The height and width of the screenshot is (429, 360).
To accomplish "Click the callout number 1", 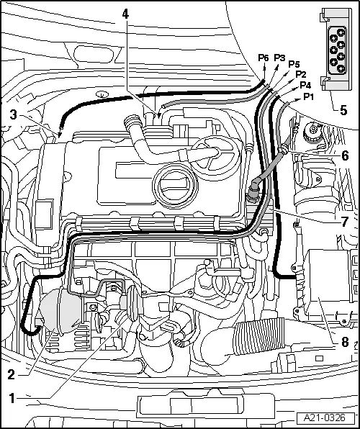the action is click(x=12, y=398).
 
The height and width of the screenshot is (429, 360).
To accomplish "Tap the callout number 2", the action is click(x=12, y=374).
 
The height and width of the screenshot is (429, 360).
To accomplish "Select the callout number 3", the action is click(x=14, y=115).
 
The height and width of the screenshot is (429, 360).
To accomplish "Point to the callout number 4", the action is click(x=125, y=14).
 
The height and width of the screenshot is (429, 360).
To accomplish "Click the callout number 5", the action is click(x=343, y=110).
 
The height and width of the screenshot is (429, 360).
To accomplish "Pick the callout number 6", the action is click(x=345, y=155).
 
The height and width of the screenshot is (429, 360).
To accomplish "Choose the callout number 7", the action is click(x=345, y=222).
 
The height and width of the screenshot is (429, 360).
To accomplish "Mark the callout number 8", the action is click(x=344, y=342).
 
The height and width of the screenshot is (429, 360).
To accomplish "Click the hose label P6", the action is click(x=264, y=58).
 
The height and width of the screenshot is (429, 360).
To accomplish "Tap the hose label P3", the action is click(x=279, y=58).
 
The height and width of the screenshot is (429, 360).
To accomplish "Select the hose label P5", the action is click(x=294, y=64).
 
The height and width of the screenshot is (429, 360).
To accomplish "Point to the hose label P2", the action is click(x=300, y=74).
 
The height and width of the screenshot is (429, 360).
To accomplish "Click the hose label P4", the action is click(x=305, y=85).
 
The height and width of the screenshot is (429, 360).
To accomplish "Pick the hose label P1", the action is click(x=309, y=96).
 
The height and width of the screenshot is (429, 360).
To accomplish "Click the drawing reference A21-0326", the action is click(x=325, y=417).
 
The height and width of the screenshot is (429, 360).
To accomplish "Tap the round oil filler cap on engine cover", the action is click(x=175, y=185).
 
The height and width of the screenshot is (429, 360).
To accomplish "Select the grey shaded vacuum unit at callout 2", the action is click(x=60, y=310).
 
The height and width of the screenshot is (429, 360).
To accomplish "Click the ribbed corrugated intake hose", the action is click(x=258, y=336).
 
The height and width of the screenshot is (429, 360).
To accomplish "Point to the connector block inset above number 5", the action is click(x=336, y=49).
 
